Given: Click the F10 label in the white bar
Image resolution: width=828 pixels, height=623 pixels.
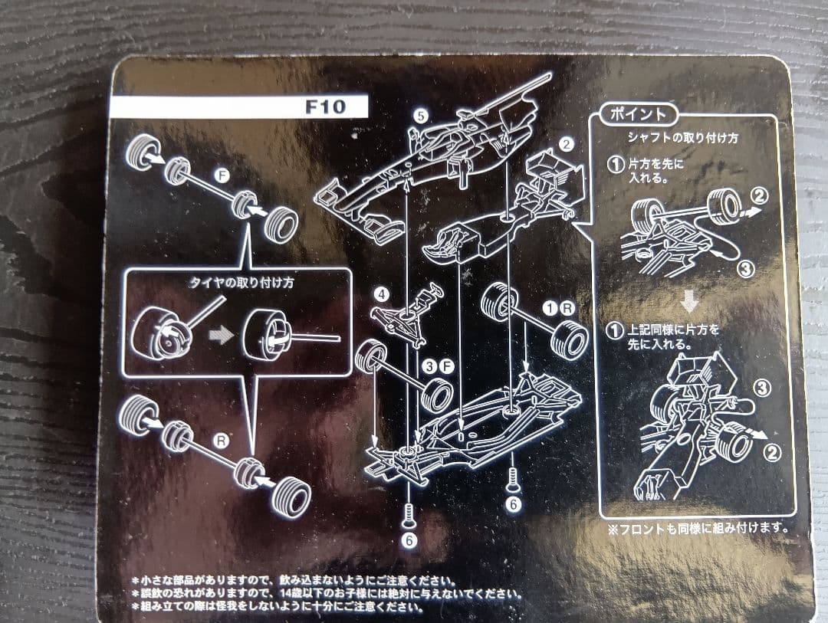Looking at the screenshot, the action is (325, 107).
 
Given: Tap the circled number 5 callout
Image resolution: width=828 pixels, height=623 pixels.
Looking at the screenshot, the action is (420, 116).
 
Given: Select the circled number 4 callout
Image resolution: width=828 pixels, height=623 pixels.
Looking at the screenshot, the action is (382, 293).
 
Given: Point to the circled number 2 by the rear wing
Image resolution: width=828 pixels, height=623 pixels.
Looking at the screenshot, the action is (566, 143).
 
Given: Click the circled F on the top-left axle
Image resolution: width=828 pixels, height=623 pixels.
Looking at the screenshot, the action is (222, 175).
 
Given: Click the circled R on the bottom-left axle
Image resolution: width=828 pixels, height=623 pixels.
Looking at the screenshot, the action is (222, 440).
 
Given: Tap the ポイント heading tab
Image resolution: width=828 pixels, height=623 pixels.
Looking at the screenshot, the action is (638, 113).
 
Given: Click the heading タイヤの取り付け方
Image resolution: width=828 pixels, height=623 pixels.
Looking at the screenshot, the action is (241, 283).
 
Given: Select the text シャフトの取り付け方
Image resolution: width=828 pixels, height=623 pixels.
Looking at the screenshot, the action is (682, 139).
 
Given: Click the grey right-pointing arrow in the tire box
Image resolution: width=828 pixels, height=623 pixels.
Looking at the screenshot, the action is (222, 335).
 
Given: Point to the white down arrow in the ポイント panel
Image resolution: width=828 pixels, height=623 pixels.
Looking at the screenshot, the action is (689, 302).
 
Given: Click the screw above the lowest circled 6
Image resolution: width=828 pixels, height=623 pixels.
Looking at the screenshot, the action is (408, 515).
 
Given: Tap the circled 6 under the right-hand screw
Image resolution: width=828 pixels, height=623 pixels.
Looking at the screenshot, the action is (513, 504).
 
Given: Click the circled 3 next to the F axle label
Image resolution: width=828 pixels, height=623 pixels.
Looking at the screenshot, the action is (431, 366).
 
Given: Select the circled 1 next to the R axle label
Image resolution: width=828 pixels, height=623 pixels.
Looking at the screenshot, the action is (550, 308).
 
